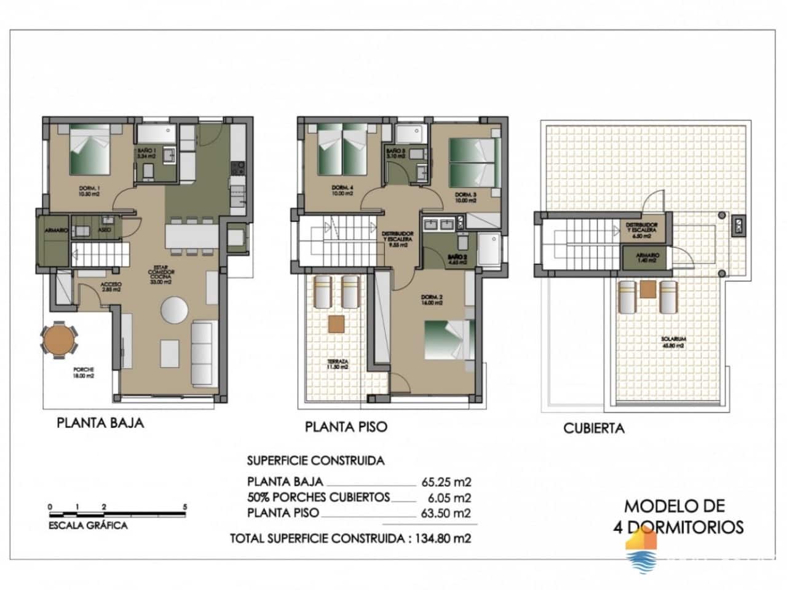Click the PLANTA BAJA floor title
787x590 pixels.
coord(100,423)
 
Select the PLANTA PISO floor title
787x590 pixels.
coord(346,427)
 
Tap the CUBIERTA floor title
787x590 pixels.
coord(593,428)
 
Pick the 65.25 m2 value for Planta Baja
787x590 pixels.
coord(446,482)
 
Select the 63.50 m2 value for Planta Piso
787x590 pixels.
coord(446,513)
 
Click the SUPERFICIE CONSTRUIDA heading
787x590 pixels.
coord(315,460)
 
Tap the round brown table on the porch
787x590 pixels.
coord(60,340)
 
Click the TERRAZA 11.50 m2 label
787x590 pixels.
coord(338,364)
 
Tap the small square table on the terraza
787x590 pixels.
coord(336,323)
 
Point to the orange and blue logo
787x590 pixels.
coord(641,551)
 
